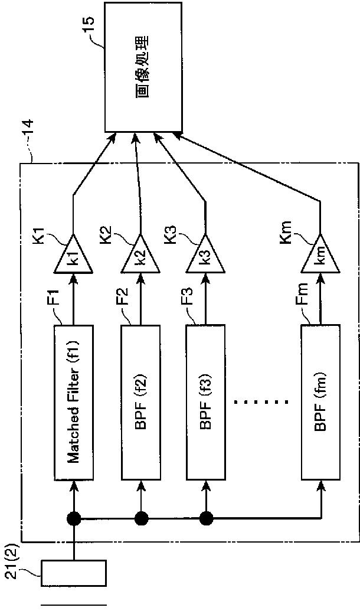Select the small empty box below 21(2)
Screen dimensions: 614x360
click(x=74, y=573)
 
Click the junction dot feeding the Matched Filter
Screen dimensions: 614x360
click(x=74, y=519)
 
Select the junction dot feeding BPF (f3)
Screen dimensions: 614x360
click(x=206, y=519)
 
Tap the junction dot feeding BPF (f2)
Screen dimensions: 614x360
click(x=141, y=519)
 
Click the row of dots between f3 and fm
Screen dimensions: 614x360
click(x=260, y=401)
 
